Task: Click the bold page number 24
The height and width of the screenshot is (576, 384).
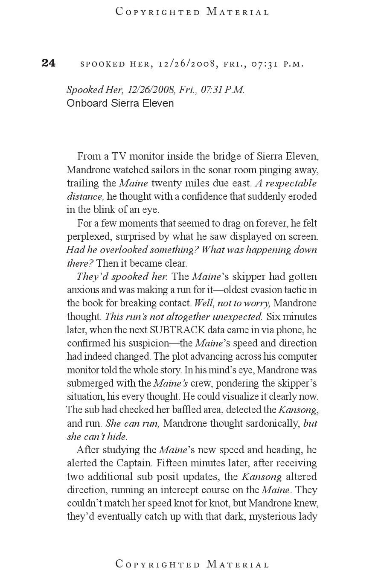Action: click(49, 63)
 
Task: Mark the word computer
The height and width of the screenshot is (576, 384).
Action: click(297, 356)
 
